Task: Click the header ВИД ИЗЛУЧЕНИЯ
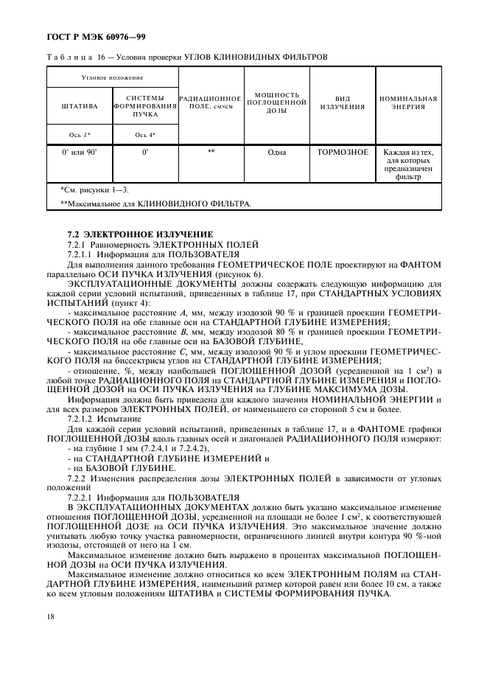342,102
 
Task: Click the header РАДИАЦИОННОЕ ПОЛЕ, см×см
211,102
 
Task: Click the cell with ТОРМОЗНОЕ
342,152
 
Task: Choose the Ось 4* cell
145,135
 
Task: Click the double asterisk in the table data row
211,152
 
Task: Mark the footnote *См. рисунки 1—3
94,190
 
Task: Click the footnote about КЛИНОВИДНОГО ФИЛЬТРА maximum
155,203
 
